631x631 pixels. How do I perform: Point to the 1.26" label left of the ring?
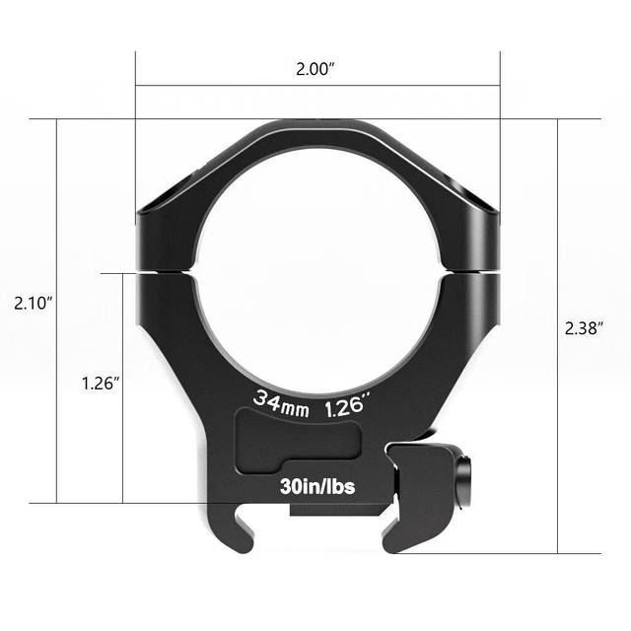101,383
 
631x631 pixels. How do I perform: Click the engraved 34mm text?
282,402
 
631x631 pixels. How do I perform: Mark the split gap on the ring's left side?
164,270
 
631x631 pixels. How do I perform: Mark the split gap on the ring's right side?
472,268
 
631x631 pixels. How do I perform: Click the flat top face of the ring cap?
317,129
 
